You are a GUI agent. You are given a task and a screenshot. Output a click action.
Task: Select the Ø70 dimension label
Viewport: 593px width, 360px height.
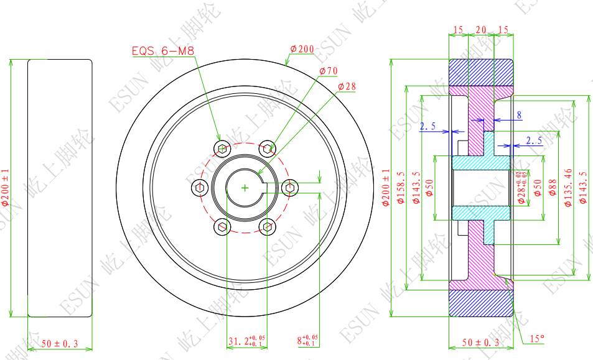(328, 72)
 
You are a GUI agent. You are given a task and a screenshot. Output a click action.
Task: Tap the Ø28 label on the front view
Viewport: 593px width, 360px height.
(347, 86)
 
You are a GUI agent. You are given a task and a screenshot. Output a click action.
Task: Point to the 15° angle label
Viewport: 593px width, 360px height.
(536, 339)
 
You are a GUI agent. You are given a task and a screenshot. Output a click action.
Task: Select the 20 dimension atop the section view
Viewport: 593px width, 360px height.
(480, 29)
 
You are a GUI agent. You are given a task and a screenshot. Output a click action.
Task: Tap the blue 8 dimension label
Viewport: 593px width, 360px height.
(519, 115)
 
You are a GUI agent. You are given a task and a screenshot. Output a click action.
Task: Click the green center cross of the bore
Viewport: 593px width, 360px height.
(245, 187)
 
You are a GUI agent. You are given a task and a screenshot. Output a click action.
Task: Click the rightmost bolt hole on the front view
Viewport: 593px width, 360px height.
(291, 187)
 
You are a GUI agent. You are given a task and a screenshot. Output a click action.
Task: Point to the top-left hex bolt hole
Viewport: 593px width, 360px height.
(222, 148)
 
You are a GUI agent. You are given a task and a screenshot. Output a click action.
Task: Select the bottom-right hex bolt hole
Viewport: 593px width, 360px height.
(268, 227)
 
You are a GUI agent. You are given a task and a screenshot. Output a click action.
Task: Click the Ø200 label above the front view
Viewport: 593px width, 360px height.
(302, 49)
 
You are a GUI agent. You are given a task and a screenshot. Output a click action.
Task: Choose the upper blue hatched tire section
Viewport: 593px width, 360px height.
(480, 72)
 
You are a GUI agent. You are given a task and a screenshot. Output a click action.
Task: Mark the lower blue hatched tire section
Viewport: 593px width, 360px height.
(480, 303)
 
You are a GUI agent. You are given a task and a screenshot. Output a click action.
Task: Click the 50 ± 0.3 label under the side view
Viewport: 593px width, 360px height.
(60, 343)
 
